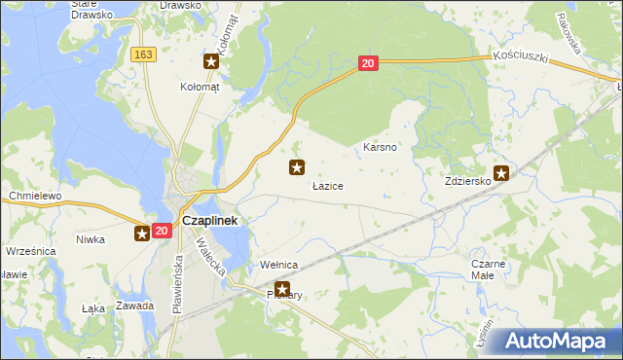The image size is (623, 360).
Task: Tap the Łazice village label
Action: coord(327,185)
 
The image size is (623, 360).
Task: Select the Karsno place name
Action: coord(379,148)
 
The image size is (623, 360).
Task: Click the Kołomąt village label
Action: coord(201,86)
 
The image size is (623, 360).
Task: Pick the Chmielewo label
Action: coord(35,196)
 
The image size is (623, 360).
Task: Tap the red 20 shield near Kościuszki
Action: coord(367,63)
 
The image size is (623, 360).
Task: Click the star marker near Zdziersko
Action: coord(501,173)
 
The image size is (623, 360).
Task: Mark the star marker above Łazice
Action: coord(297,167)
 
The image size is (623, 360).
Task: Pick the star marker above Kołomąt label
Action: coord(211,62)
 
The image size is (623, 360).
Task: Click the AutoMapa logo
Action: coord(559,341)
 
